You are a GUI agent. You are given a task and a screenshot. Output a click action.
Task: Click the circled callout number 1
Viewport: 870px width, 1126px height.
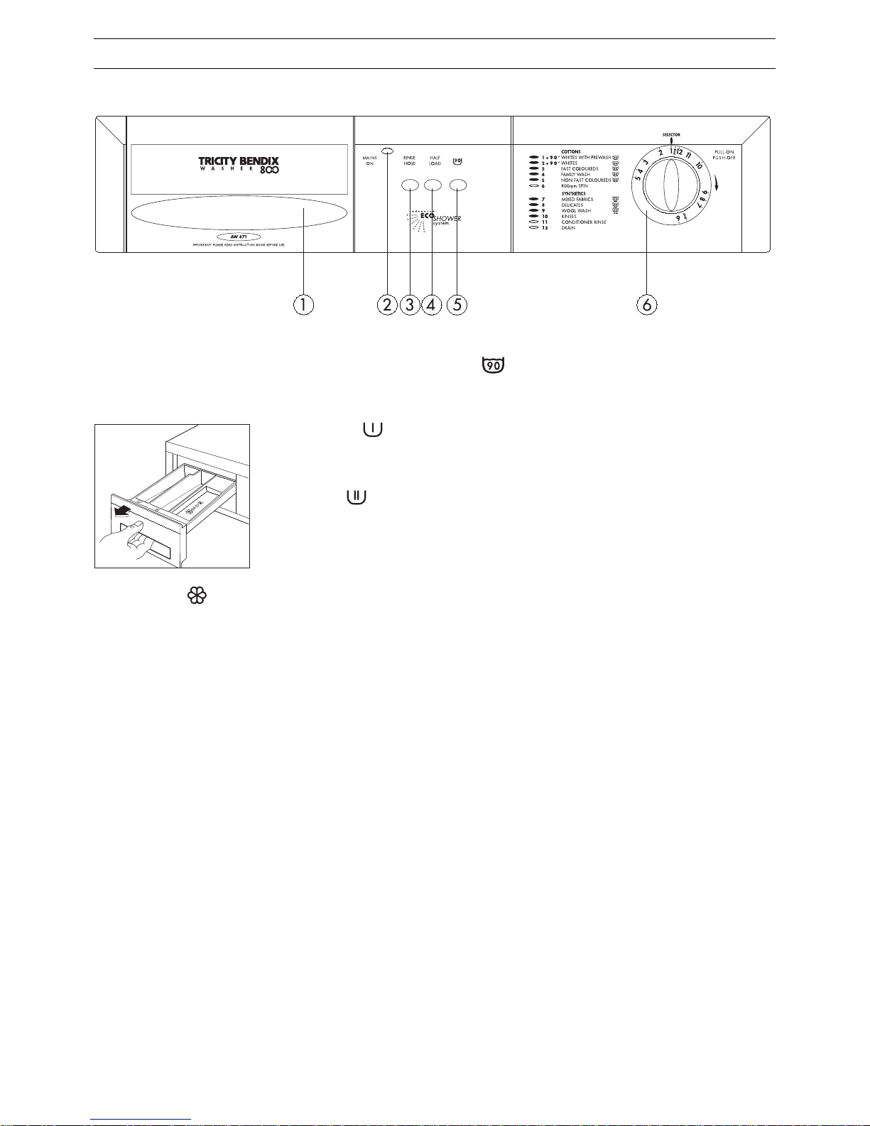[x=303, y=305]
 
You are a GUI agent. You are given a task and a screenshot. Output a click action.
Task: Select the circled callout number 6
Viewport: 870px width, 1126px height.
[x=646, y=305]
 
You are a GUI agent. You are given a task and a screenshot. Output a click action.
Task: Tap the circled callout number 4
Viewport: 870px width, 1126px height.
[x=432, y=305]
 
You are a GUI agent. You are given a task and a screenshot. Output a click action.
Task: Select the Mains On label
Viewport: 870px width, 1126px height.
[x=369, y=161]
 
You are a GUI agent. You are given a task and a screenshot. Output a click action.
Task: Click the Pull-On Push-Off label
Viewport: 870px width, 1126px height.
[x=724, y=155]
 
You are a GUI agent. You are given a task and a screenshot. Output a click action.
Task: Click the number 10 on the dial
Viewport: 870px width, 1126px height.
[x=700, y=166]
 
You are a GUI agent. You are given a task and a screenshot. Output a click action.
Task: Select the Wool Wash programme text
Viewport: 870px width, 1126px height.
[x=576, y=211]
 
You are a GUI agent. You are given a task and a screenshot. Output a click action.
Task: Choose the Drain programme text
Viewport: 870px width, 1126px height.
[x=568, y=228]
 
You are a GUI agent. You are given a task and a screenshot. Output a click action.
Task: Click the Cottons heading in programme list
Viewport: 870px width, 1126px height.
[x=571, y=152]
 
